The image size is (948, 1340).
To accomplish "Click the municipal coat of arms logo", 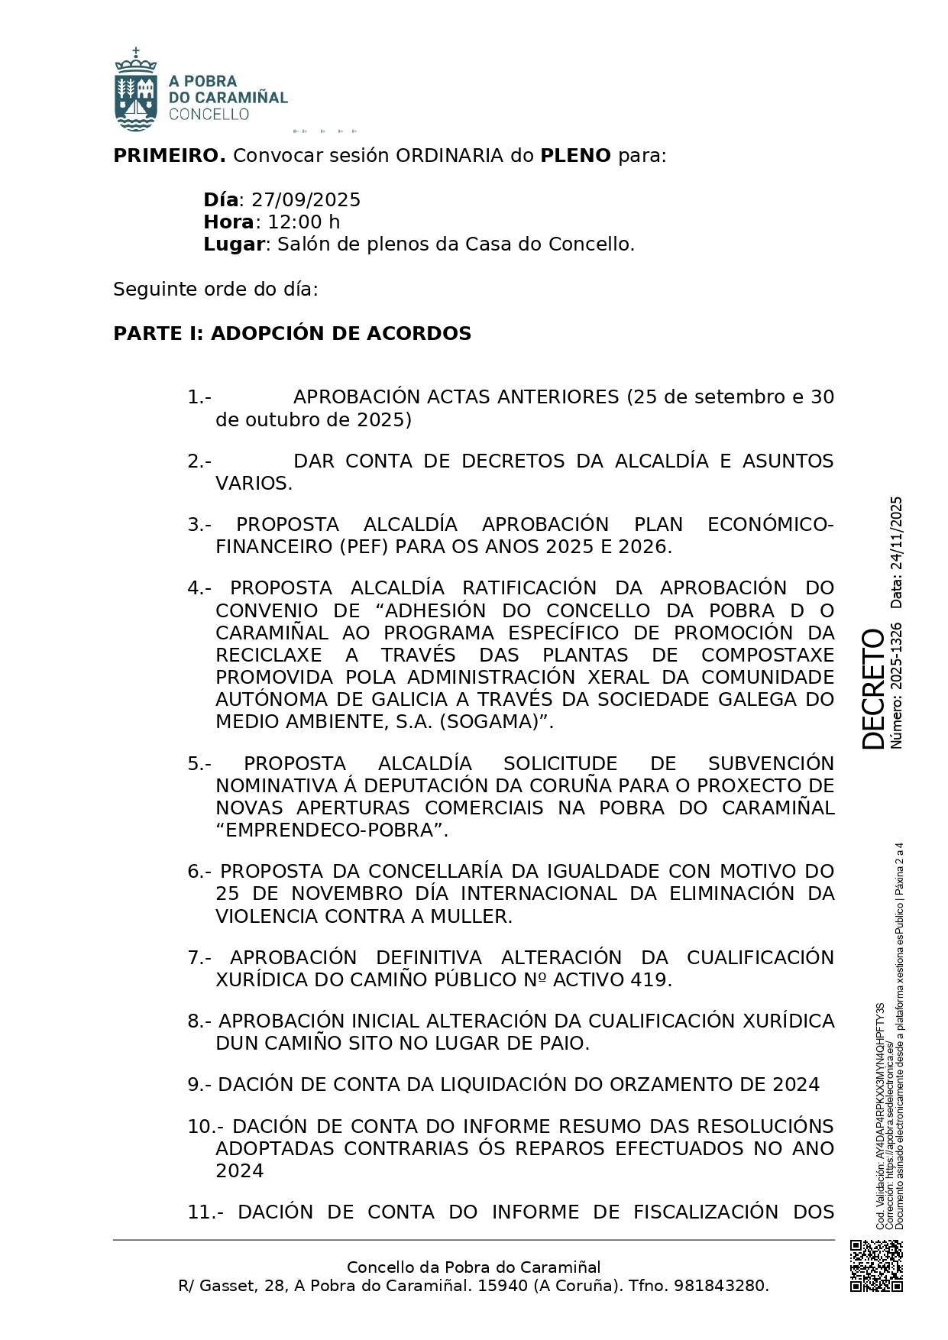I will tap(136, 90).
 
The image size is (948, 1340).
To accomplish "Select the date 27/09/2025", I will tap(306, 200).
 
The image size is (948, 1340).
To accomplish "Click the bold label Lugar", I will tap(234, 244).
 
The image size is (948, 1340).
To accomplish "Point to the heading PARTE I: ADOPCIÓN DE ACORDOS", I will tap(292, 334).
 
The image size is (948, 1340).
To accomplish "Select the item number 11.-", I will tap(205, 1212).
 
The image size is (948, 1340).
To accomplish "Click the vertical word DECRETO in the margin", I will tap(872, 688).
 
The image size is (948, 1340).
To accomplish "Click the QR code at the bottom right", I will tap(876, 1265).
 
